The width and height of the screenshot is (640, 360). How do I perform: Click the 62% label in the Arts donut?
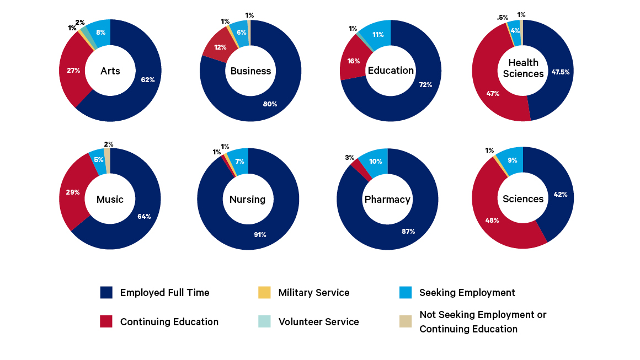(147, 80)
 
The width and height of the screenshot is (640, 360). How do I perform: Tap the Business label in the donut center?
(250, 71)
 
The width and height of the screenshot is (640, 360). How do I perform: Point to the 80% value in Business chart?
(270, 104)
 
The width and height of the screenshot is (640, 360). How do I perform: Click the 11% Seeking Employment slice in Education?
(377, 34)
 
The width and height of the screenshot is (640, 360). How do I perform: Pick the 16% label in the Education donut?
(354, 61)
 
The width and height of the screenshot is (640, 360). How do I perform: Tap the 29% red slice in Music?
(73, 192)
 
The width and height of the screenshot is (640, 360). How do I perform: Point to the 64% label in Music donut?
(144, 217)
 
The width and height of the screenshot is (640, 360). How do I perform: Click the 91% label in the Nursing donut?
(260, 234)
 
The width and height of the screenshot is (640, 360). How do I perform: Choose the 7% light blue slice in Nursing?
(239, 161)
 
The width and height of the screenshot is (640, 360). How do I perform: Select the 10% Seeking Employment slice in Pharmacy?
(375, 162)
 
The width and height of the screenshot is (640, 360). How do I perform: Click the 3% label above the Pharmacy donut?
(349, 158)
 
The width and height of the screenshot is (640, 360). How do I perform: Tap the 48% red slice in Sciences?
(492, 221)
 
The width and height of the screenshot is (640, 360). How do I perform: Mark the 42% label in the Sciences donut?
(561, 194)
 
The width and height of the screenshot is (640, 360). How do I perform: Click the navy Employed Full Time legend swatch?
(106, 293)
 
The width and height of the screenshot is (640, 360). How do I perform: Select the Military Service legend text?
(313, 293)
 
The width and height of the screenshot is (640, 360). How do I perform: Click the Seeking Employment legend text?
(467, 293)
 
